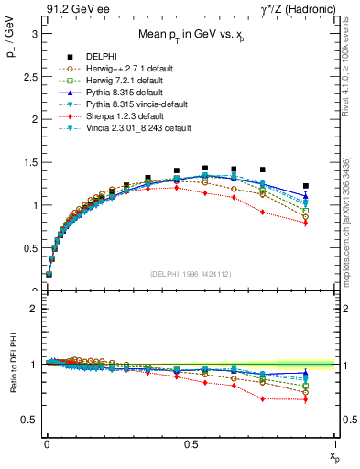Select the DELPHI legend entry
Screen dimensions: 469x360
coord(101,56)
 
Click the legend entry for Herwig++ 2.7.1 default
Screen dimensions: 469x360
coord(122,68)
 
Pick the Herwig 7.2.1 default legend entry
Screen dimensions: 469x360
coord(119,80)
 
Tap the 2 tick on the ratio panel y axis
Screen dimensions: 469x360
coord(33,309)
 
